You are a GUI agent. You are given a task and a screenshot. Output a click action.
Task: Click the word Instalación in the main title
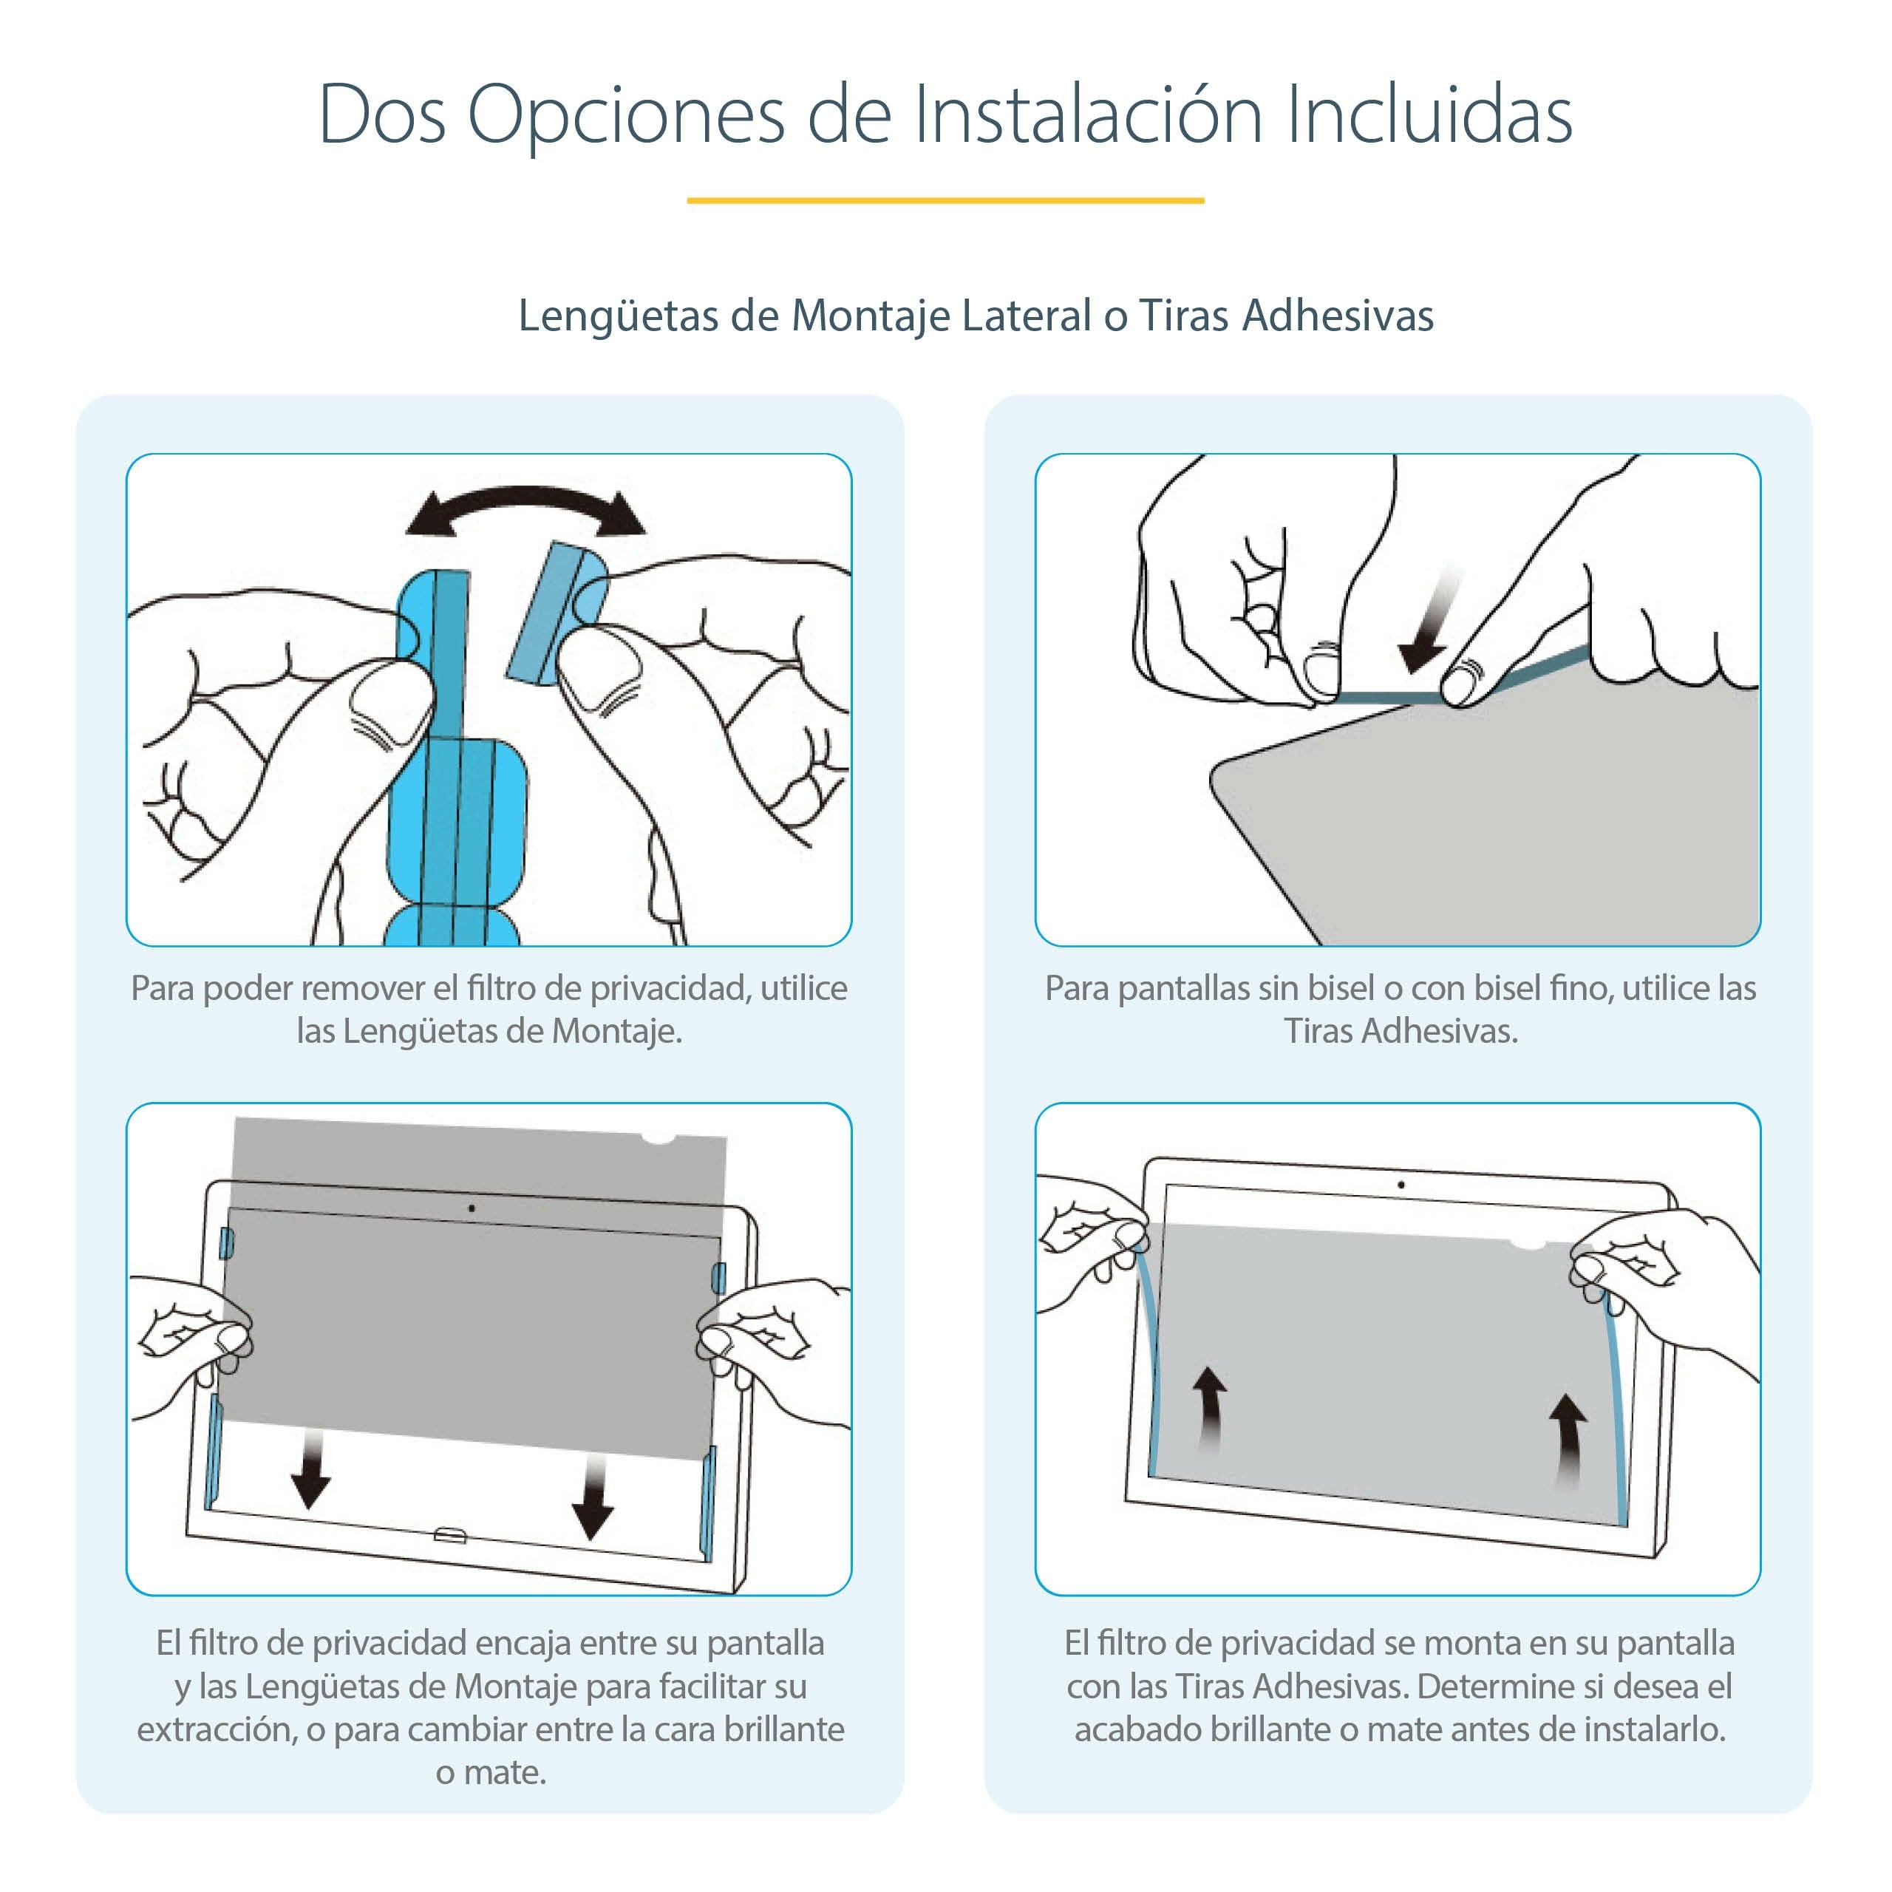[1087, 115]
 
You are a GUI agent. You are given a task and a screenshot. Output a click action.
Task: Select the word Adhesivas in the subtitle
[1338, 316]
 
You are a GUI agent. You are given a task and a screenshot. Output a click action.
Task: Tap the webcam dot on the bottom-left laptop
[472, 1208]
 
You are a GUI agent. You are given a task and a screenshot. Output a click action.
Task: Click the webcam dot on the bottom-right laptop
[1401, 1185]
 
